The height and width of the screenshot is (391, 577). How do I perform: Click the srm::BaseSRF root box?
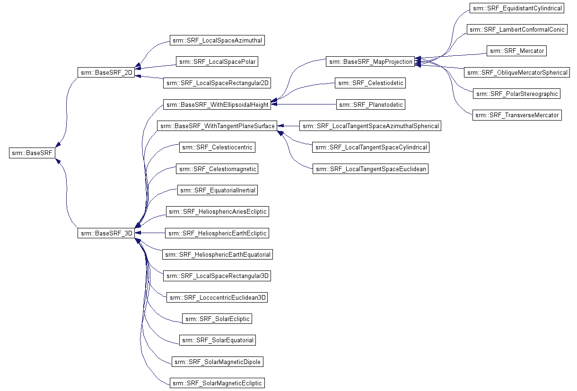pos(32,153)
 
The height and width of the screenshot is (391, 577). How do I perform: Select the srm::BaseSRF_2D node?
pos(106,72)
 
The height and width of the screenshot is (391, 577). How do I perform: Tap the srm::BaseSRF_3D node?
pos(106,233)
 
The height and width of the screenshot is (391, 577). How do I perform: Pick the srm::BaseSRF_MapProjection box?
pos(370,61)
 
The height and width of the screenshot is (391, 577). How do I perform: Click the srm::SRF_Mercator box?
pos(516,51)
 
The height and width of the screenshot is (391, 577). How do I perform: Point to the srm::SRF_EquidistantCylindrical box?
pos(517,8)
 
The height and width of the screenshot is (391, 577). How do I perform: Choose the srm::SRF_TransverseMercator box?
pos(517,115)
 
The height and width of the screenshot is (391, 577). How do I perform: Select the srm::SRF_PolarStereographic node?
pos(517,94)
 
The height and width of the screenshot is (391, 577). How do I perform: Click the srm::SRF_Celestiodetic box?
pos(370,83)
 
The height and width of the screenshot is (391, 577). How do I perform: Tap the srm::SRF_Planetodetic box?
pos(371,104)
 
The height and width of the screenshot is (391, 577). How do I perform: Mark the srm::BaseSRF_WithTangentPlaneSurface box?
pos(217,126)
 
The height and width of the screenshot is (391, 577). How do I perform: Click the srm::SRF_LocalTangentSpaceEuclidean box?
pos(370,169)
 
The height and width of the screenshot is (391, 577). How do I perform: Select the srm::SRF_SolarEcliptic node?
pos(217,319)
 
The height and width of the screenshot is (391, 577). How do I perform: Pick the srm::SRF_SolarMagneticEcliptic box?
pos(217,383)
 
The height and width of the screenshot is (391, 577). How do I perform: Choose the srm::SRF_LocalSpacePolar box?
pos(217,61)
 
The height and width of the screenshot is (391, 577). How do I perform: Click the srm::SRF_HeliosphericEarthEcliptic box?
pos(217,233)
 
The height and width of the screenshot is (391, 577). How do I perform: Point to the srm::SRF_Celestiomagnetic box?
pos(217,169)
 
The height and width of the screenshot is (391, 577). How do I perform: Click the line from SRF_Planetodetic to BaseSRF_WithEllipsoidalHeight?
pos(304,104)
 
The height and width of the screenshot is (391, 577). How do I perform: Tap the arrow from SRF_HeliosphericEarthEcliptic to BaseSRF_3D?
pos(150,233)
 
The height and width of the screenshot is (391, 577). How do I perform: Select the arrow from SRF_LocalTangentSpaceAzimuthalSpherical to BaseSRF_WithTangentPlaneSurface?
pos(288,126)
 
